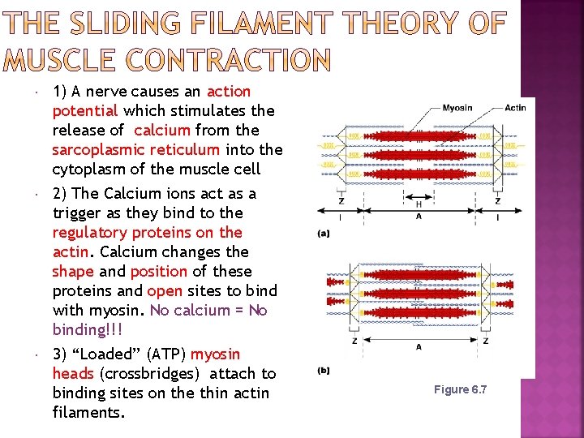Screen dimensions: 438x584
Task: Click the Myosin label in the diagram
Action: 457,108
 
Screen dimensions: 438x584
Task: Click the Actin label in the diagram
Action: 515,108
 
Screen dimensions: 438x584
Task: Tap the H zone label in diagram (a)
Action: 419,204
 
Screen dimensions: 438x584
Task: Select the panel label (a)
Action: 324,233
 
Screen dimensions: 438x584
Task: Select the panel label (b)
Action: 324,371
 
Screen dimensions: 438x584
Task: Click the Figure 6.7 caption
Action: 460,390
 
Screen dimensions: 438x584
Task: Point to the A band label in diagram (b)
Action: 419,346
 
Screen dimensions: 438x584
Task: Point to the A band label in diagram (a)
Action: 419,217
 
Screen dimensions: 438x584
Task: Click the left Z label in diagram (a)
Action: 340,201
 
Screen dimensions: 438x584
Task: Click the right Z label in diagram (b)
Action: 485,341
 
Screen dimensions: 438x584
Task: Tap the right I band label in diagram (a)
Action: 497,217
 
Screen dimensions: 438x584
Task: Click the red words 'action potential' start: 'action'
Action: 229,92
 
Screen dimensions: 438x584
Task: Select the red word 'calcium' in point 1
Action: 162,131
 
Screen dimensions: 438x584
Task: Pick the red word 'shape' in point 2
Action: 72,272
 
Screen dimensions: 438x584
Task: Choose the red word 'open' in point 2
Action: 165,291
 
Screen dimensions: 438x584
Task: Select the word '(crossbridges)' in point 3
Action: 152,374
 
